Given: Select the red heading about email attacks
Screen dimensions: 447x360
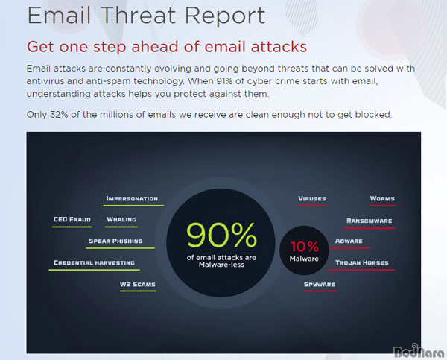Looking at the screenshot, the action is [x=167, y=47].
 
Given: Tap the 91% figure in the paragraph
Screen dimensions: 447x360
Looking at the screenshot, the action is [x=224, y=81].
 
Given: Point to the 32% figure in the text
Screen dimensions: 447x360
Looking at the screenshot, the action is [x=60, y=115].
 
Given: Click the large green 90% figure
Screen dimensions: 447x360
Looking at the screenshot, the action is [x=221, y=235].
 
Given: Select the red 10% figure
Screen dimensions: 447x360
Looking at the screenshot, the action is [x=304, y=247].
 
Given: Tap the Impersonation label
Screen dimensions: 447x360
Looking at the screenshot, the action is [x=132, y=198].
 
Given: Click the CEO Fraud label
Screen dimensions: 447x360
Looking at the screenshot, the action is [x=72, y=219].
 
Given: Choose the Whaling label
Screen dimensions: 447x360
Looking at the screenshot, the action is [x=121, y=219].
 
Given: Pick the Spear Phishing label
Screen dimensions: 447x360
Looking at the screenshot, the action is [x=115, y=241].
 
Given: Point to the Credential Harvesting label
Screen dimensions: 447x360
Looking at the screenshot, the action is [x=94, y=262].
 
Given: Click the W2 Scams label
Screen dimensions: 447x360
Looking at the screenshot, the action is [x=138, y=285].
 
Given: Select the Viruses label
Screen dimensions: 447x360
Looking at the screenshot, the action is [x=312, y=198].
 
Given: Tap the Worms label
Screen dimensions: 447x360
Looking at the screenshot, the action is [x=382, y=198].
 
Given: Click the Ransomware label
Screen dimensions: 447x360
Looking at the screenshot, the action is [x=370, y=221].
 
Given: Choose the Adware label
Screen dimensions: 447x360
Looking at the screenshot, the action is [x=349, y=241].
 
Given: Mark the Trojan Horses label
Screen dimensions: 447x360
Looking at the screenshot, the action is [x=362, y=262].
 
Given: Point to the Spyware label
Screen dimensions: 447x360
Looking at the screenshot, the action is [x=320, y=285].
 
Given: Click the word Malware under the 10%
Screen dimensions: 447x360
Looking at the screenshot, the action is [x=304, y=259].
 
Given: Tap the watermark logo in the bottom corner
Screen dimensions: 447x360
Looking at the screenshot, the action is [x=419, y=351].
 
